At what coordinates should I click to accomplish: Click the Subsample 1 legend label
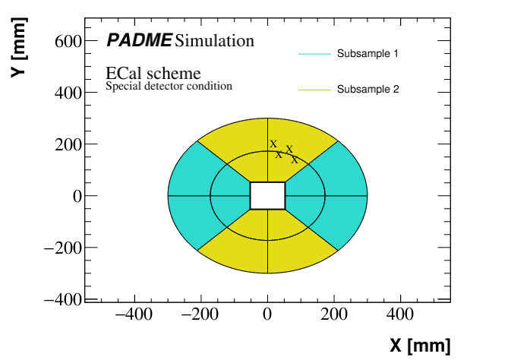click(368, 54)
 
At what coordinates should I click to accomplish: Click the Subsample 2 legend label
click(368, 90)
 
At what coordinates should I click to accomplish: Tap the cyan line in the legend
click(316, 54)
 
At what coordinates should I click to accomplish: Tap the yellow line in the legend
click(316, 90)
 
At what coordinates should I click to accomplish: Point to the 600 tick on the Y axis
click(66, 41)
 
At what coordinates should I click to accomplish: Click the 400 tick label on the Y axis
click(66, 93)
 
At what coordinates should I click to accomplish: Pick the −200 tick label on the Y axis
click(60, 248)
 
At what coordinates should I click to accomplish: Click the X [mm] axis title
click(420, 346)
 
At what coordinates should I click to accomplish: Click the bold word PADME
click(139, 40)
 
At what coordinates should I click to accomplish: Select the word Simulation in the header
click(215, 40)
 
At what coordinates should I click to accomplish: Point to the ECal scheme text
click(153, 74)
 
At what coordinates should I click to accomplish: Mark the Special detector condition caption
click(169, 87)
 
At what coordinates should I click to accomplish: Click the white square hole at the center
click(267, 195)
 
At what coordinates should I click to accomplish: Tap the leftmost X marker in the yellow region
click(273, 144)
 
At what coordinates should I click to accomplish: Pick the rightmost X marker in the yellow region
click(295, 160)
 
